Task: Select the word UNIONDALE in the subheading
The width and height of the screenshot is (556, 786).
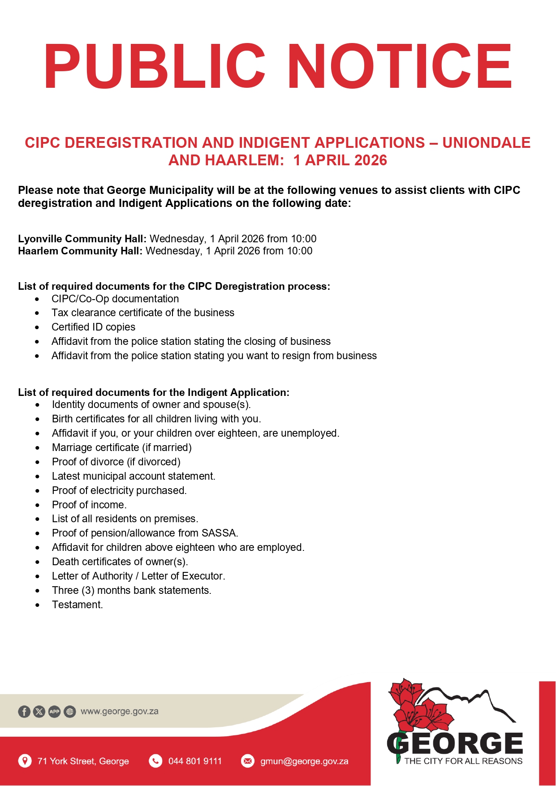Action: click(486, 142)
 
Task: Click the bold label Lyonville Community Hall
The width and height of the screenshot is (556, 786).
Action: click(82, 239)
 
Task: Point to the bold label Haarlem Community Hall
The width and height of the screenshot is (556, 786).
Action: click(80, 251)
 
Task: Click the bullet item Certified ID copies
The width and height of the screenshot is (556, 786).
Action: click(93, 327)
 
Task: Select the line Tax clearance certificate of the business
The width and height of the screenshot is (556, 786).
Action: click(142, 313)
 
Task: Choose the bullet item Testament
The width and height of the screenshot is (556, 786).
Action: click(77, 605)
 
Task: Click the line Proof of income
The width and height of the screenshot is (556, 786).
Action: click(89, 505)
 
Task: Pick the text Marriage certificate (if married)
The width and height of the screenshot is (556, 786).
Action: click(121, 447)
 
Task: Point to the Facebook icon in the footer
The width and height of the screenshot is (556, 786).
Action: click(24, 711)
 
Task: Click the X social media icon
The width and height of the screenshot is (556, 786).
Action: click(39, 711)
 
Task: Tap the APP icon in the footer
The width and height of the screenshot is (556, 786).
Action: click(55, 711)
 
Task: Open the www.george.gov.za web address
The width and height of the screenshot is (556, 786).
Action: click(119, 711)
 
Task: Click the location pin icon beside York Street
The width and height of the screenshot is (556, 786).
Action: click(25, 761)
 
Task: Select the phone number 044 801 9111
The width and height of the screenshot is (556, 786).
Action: click(195, 761)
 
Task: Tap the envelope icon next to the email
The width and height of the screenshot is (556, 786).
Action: click(247, 761)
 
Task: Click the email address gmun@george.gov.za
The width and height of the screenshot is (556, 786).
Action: click(304, 761)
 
